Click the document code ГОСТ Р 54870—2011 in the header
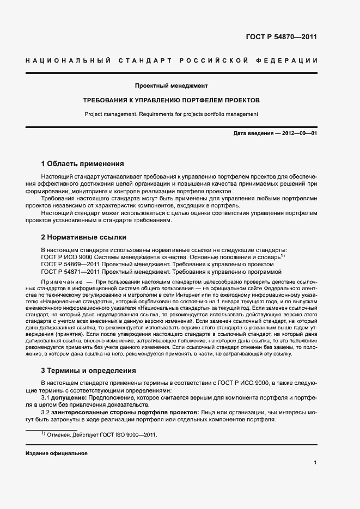click(x=282, y=37)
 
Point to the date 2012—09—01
click(x=299, y=133)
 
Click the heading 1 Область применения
click(x=83, y=163)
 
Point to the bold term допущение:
click(x=68, y=398)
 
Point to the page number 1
click(x=315, y=463)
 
